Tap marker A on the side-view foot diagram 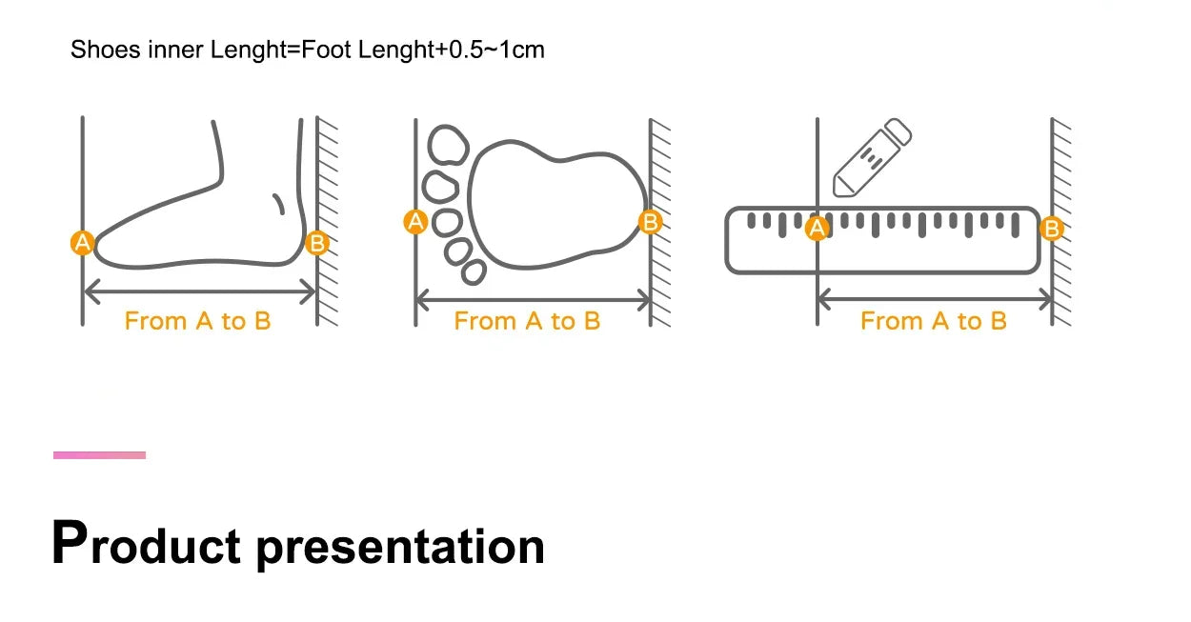pyautogui.click(x=83, y=243)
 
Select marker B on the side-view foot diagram pyautogui.click(x=317, y=243)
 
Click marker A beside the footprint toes pyautogui.click(x=415, y=222)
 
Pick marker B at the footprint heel pyautogui.click(x=650, y=222)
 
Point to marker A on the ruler pyautogui.click(x=817, y=228)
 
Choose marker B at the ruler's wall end pyautogui.click(x=1052, y=228)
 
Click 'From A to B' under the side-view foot pyautogui.click(x=198, y=321)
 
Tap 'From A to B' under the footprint pyautogui.click(x=527, y=321)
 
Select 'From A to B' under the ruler pyautogui.click(x=934, y=321)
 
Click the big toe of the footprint pyautogui.click(x=448, y=145)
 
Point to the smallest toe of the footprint pyautogui.click(x=474, y=271)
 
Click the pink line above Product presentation pyautogui.click(x=99, y=455)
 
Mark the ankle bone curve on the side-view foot pyautogui.click(x=279, y=204)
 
